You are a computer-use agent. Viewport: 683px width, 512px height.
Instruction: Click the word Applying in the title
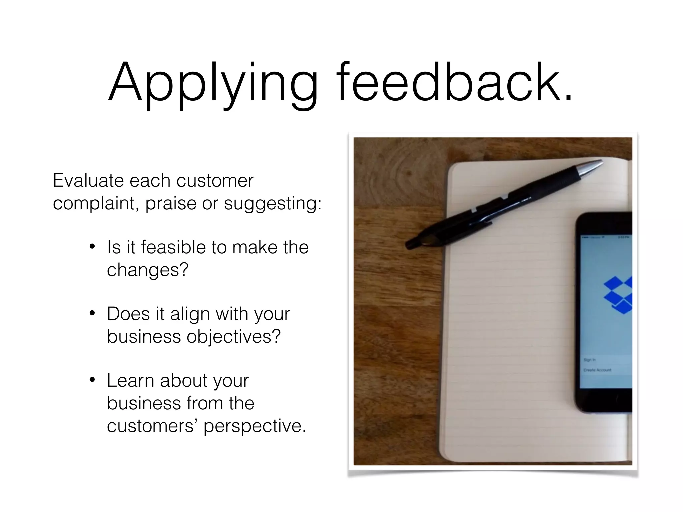pyautogui.click(x=213, y=83)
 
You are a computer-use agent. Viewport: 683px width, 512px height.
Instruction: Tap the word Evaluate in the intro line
pyautogui.click(x=88, y=181)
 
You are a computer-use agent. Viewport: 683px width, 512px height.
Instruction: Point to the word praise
pyautogui.click(x=171, y=203)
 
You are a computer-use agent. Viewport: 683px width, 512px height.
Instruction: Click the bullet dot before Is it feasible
pyautogui.click(x=92, y=247)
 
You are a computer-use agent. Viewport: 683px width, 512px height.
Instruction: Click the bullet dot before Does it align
pyautogui.click(x=92, y=314)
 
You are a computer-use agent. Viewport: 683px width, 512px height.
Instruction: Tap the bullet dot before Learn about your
pyautogui.click(x=92, y=380)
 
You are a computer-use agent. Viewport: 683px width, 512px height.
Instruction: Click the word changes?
pyautogui.click(x=148, y=270)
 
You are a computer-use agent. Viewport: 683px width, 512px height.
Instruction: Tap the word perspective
pyautogui.click(x=255, y=426)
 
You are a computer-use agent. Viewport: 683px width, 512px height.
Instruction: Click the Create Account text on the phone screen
pyautogui.click(x=597, y=370)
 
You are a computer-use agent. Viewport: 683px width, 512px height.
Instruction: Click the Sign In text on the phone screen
pyautogui.click(x=589, y=360)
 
